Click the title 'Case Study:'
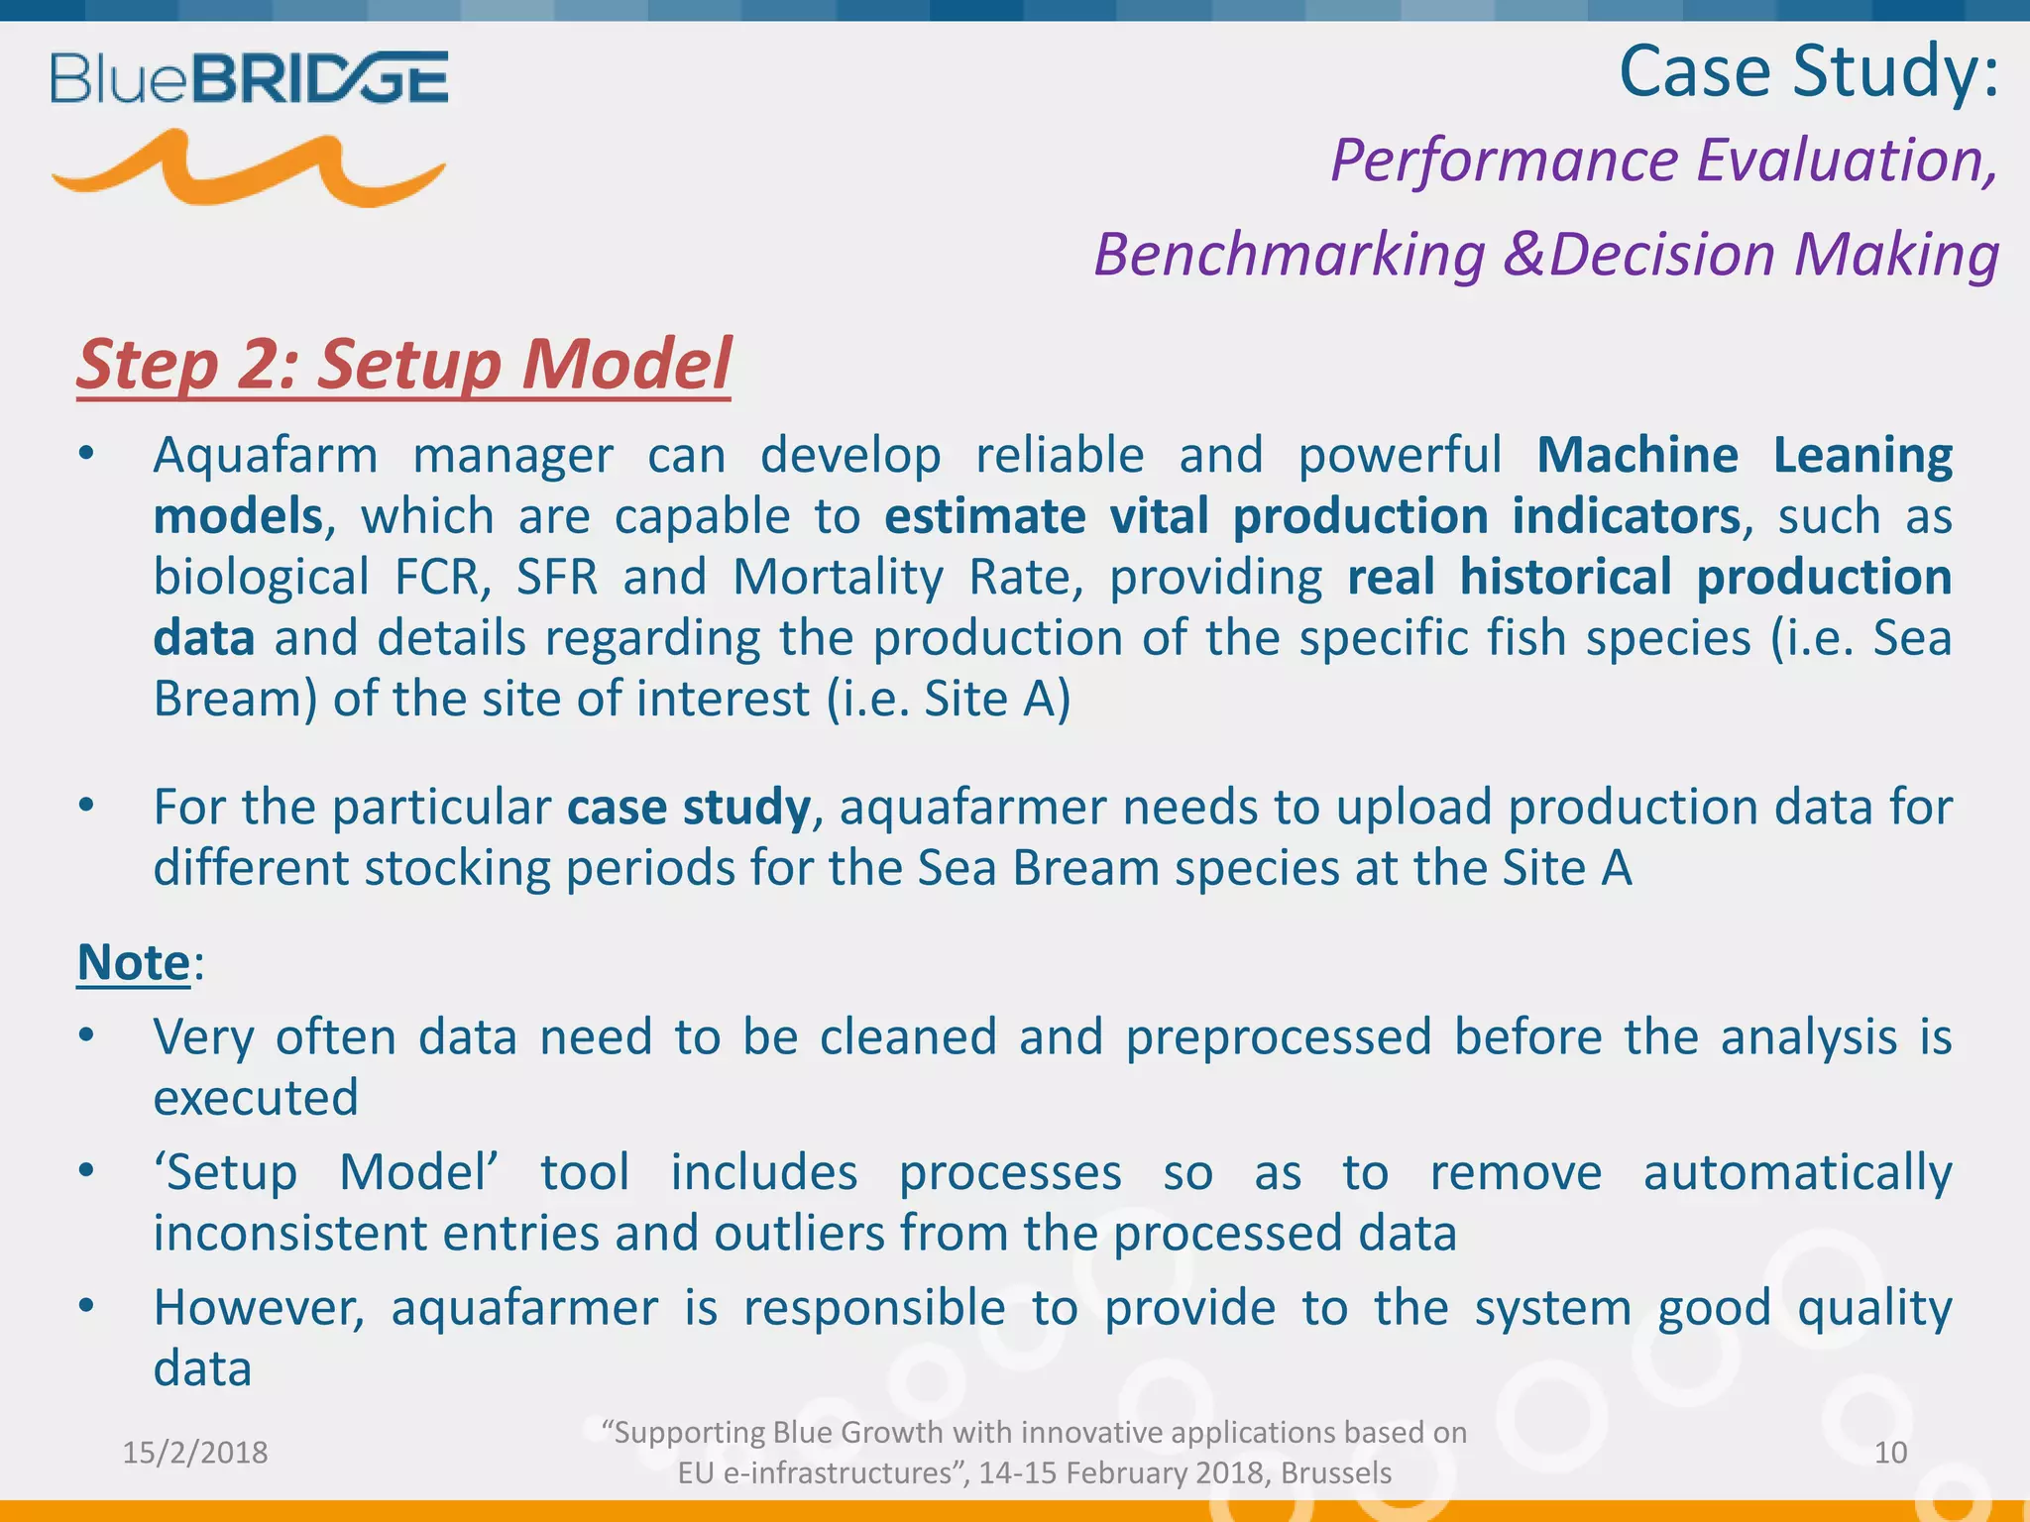1808,71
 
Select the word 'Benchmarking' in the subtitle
1289,255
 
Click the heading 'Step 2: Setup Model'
403,364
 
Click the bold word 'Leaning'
1861,456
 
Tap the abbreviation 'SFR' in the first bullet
557,577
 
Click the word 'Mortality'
838,577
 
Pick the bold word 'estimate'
984,516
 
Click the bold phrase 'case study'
689,807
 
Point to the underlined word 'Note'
134,962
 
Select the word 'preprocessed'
1279,1037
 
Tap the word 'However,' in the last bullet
260,1308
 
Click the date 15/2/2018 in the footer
195,1453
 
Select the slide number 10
1890,1453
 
